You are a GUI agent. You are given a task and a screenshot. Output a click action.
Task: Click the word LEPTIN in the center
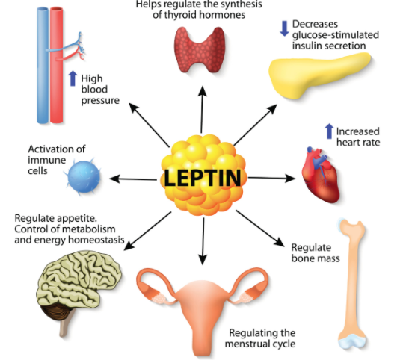(203, 178)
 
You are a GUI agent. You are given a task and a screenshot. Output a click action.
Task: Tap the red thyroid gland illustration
(200, 50)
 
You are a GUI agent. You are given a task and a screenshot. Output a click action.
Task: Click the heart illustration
(321, 175)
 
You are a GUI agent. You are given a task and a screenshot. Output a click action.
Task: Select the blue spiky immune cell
(83, 177)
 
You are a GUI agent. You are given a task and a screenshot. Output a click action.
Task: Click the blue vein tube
(43, 65)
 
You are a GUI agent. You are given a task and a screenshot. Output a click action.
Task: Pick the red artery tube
(56, 65)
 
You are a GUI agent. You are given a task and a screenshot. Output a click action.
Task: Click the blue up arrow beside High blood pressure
(73, 78)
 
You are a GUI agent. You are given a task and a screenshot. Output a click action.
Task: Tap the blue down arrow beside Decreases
(284, 28)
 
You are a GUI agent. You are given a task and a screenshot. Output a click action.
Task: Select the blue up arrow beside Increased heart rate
(330, 131)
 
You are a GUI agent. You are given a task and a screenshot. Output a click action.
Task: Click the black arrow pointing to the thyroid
(202, 109)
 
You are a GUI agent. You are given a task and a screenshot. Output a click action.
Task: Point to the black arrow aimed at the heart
(272, 179)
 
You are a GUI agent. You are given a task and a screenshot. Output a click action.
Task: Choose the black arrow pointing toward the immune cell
(133, 179)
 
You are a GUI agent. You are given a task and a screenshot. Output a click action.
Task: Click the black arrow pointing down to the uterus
(203, 241)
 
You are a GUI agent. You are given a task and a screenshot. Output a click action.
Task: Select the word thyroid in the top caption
(179, 15)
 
